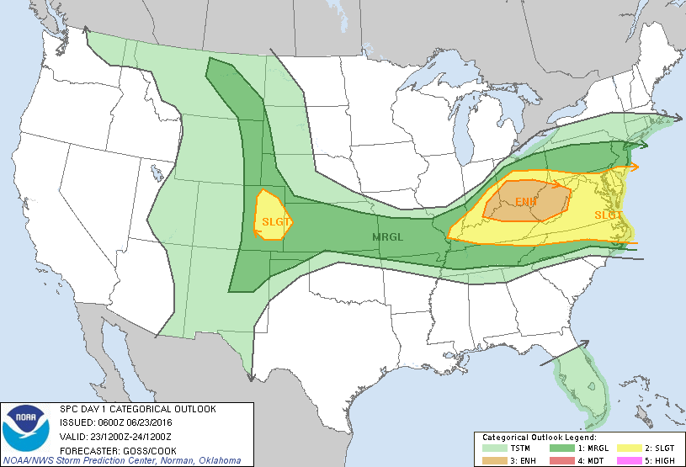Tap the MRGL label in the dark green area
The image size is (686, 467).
(388, 237)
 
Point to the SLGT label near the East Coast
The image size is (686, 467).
(609, 215)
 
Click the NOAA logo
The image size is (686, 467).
(25, 430)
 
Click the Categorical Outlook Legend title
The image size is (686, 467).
(539, 438)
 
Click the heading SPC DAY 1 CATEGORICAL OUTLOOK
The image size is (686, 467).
(138, 409)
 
